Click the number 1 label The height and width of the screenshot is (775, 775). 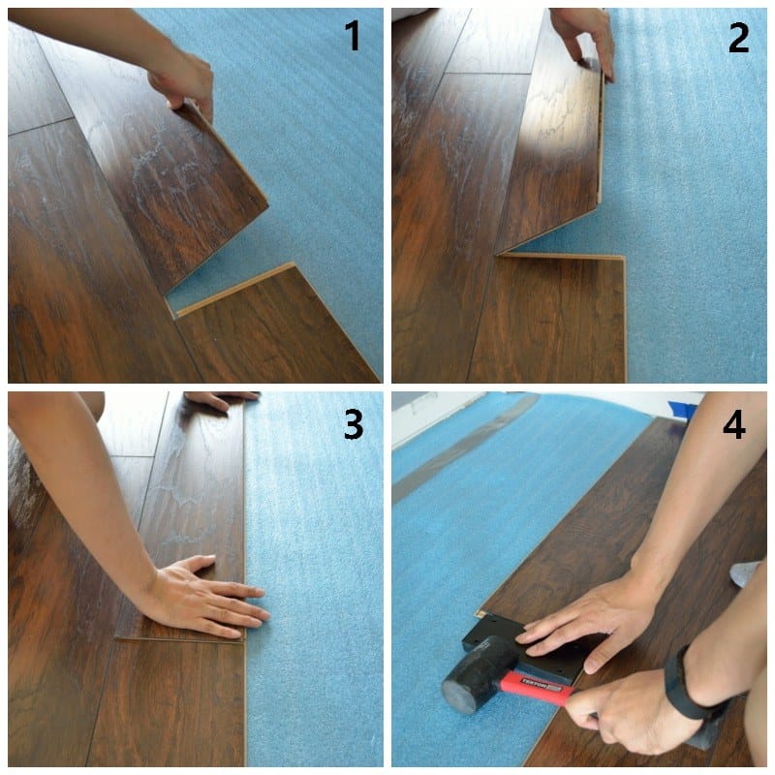[352, 37]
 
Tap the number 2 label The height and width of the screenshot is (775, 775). [738, 37]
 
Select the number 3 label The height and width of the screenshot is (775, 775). [352, 424]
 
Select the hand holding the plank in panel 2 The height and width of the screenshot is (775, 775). [587, 35]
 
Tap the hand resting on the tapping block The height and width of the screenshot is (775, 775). [581, 625]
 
